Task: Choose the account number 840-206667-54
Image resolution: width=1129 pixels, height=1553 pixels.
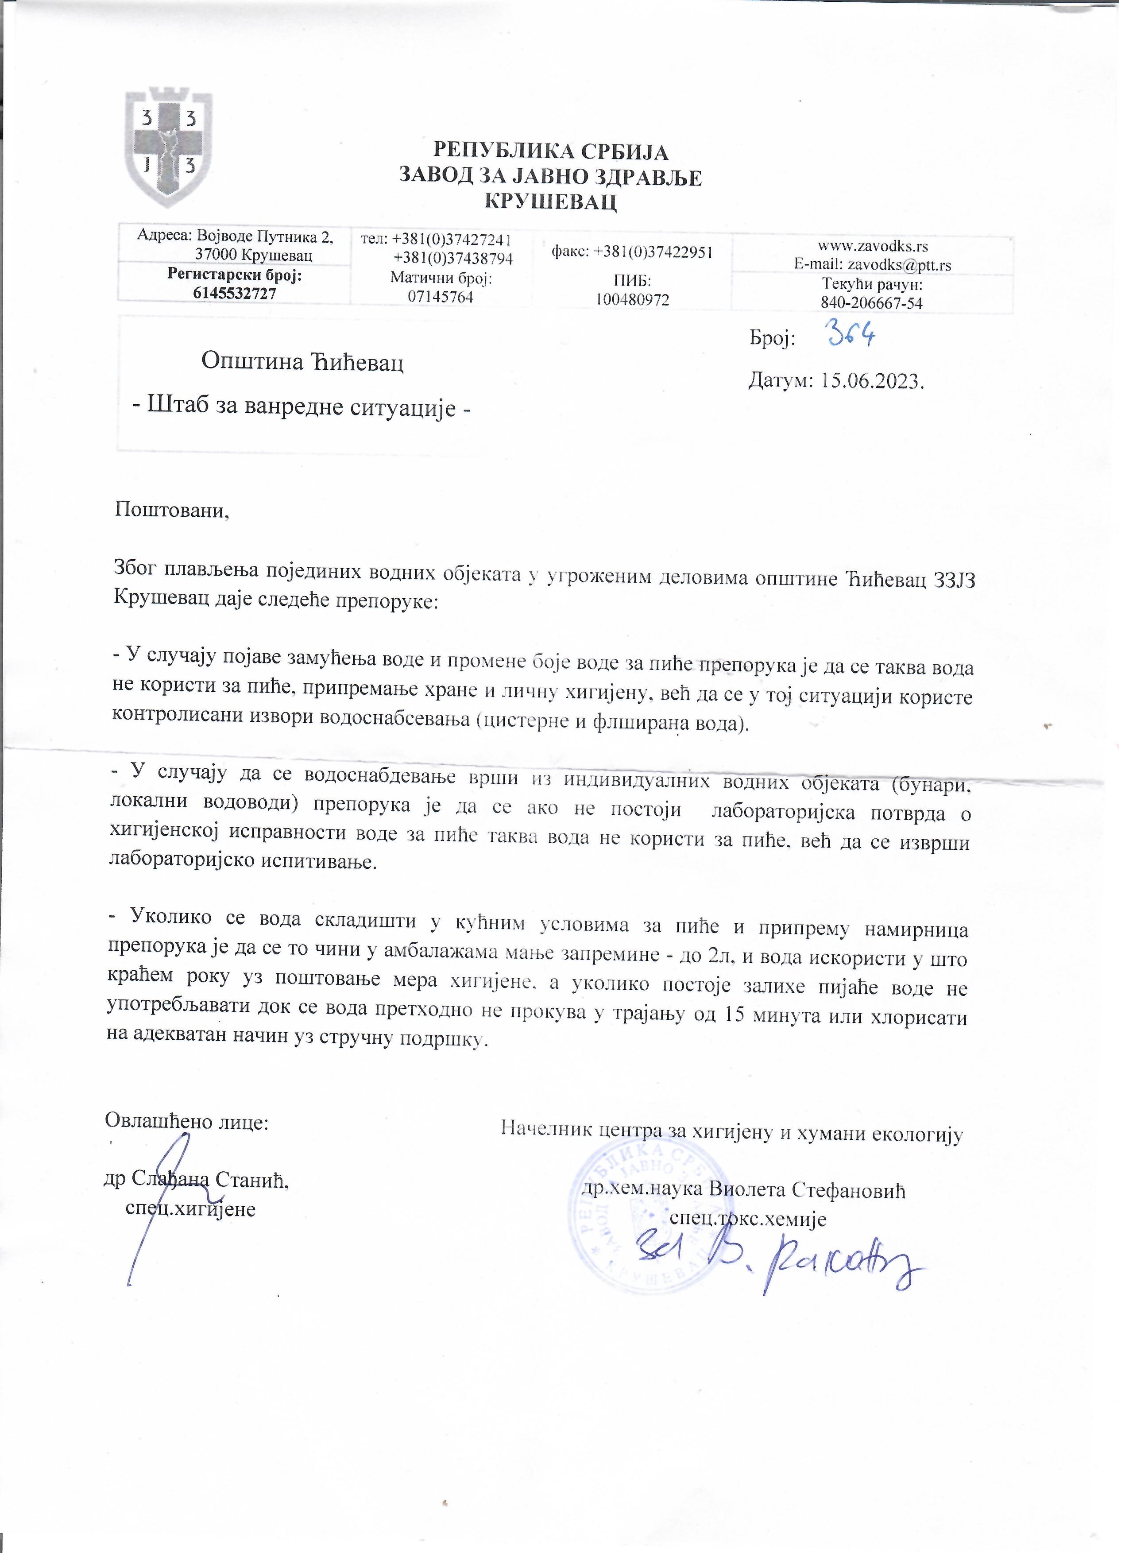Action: pos(872,302)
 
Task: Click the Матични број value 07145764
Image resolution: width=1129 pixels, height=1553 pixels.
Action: pos(441,297)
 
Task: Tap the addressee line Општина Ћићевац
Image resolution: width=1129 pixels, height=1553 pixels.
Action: pos(302,361)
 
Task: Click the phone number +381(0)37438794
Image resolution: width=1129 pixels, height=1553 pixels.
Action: pos(452,258)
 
